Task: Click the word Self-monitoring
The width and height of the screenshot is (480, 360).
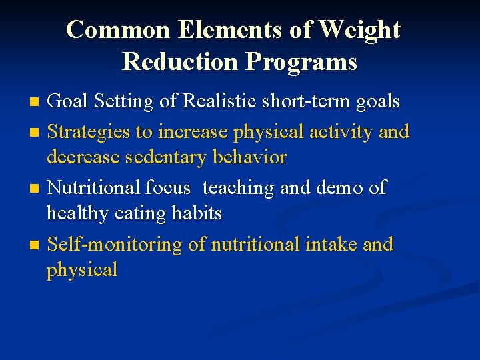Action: pyautogui.click(x=115, y=245)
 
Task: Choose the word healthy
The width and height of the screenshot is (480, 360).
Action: pyautogui.click(x=77, y=214)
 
